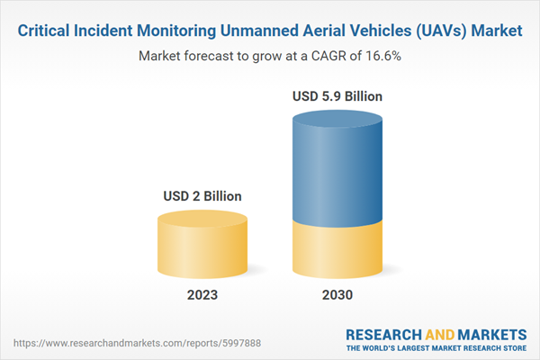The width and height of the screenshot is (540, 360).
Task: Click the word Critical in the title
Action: pos(44,31)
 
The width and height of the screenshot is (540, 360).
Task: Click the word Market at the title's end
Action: pos(497,31)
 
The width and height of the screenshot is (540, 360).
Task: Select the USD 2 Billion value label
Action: pos(202,196)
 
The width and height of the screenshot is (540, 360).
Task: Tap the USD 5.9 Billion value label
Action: pos(337,96)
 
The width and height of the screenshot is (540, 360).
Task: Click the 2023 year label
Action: pos(202,295)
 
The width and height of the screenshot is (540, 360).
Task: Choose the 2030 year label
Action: pos(337,295)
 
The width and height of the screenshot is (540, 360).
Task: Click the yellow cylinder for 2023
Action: pos(202,245)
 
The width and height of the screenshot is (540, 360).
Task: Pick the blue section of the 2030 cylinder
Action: pos(337,170)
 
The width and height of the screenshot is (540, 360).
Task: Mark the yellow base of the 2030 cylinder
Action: pos(337,251)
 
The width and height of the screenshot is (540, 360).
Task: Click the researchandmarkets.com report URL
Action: pos(137,343)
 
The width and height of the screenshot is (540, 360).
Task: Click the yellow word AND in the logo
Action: pos(440,335)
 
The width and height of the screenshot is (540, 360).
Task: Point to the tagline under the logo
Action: pos(436,348)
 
